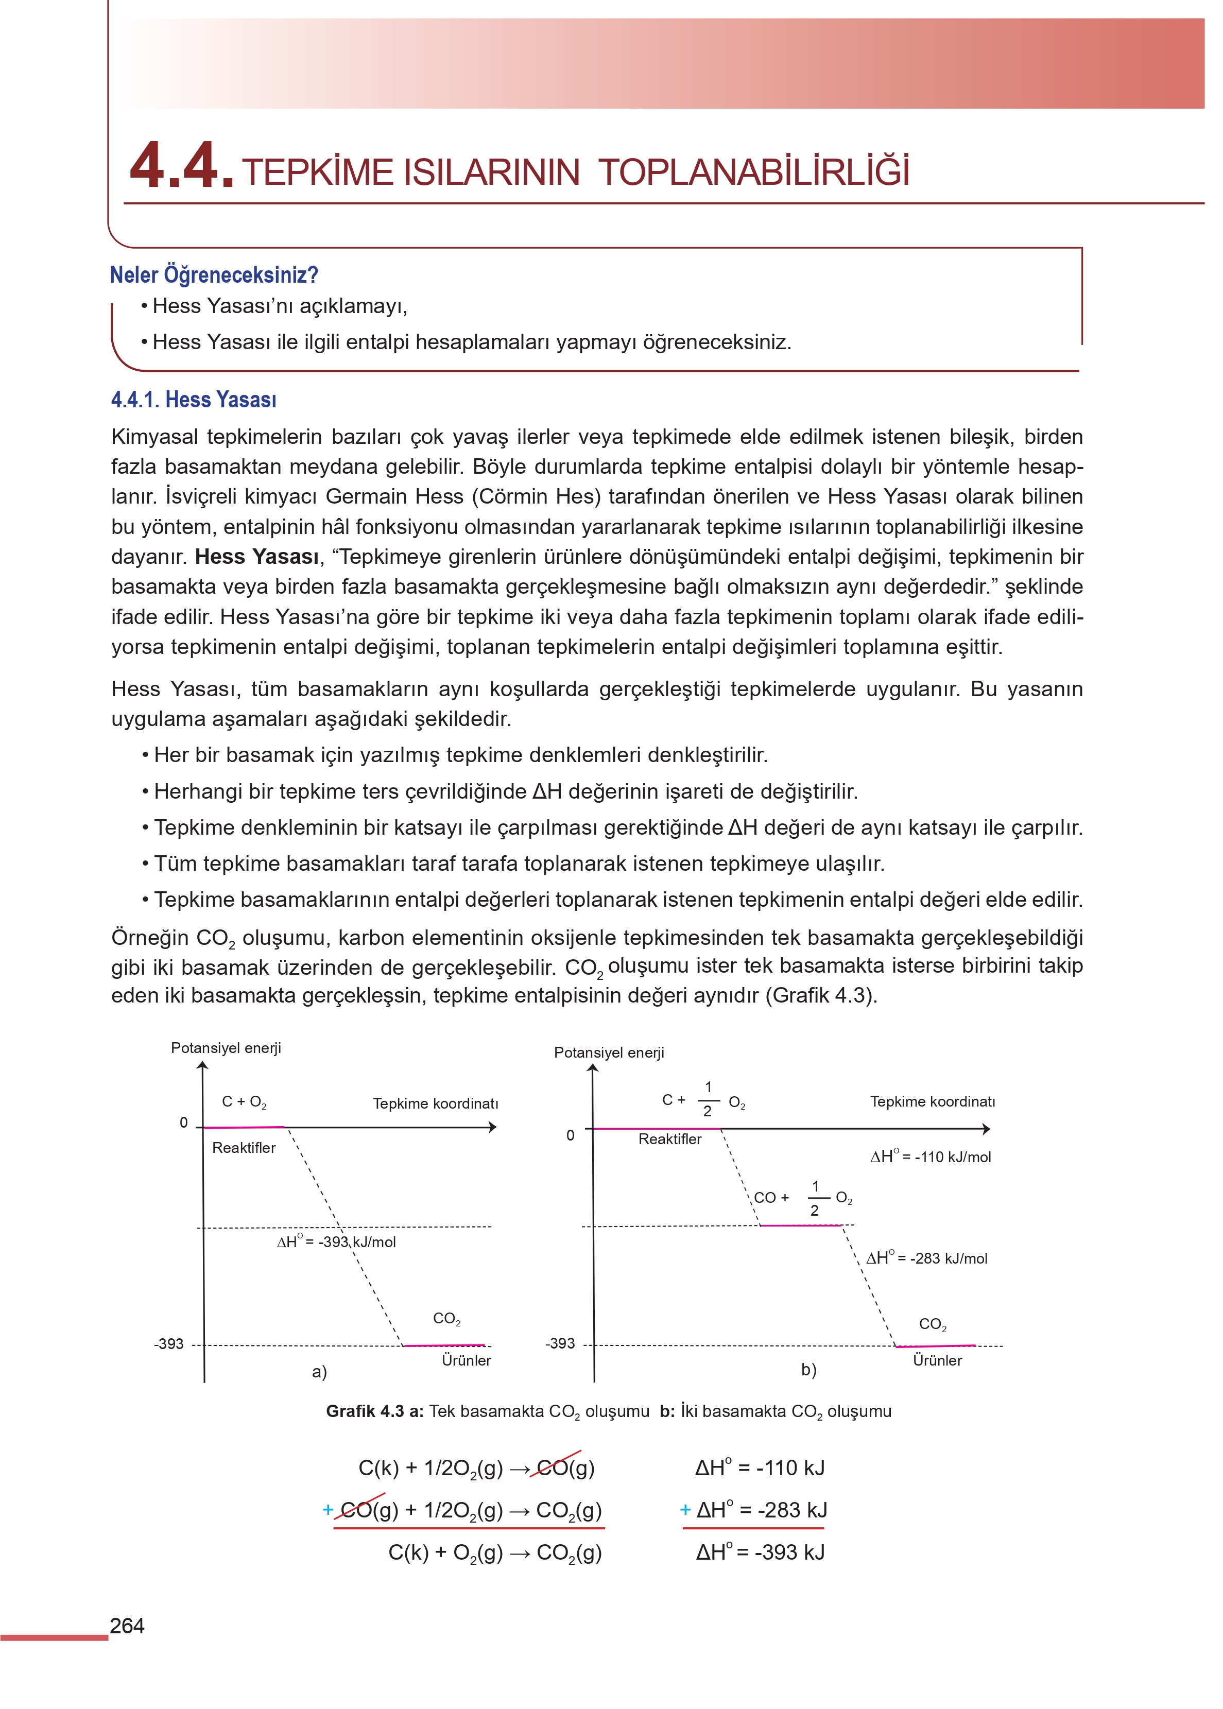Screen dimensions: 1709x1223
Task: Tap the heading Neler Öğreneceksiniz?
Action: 214,275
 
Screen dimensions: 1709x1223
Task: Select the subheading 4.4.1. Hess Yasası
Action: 194,400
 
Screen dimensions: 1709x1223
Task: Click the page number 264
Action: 127,1626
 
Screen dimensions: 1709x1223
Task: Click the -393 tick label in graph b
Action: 560,1343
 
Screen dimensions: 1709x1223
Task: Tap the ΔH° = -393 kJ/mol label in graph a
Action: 336,1242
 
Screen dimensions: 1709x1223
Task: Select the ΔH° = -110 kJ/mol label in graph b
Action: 931,1157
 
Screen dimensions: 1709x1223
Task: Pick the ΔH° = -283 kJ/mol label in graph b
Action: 926,1258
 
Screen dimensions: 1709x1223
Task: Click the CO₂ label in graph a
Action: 446,1319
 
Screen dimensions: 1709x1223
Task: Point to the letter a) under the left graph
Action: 319,1372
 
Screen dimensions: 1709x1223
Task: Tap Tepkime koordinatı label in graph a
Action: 435,1103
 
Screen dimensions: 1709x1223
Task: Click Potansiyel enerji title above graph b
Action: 609,1052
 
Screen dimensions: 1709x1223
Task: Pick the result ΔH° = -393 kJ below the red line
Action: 760,1552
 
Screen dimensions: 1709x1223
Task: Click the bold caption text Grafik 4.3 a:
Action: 375,1411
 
